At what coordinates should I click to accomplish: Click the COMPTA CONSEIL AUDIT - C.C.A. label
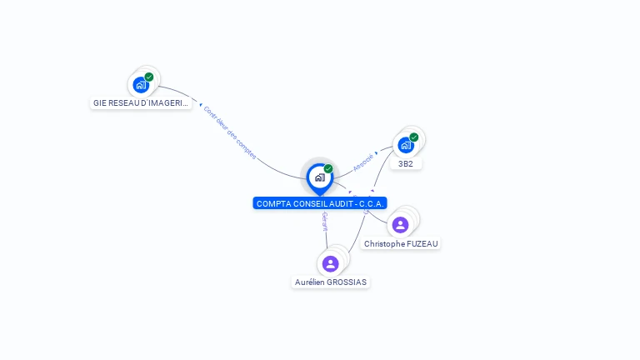(x=320, y=203)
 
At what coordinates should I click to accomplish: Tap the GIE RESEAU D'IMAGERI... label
(x=141, y=103)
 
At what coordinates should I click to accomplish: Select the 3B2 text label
(x=406, y=164)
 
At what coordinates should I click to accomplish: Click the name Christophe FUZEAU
(x=401, y=244)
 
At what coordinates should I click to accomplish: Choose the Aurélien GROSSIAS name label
(x=331, y=282)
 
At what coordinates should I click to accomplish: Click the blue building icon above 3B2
(x=405, y=145)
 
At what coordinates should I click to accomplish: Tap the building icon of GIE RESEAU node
(x=141, y=85)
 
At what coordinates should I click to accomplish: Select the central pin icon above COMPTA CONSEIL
(x=319, y=177)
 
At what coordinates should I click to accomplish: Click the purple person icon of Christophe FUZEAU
(x=400, y=225)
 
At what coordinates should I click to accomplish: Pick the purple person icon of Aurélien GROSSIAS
(x=330, y=264)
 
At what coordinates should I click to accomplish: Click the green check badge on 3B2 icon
(x=414, y=137)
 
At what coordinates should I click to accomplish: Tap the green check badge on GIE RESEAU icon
(x=149, y=77)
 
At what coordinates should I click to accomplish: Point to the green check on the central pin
(x=328, y=169)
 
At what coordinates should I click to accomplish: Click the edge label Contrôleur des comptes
(x=230, y=132)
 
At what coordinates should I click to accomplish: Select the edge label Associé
(x=362, y=162)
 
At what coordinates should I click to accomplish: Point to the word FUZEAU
(x=423, y=244)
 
